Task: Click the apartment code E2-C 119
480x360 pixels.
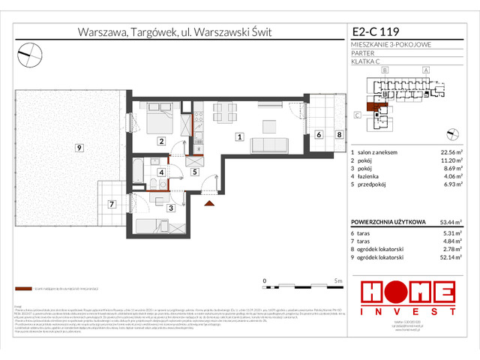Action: [x=376, y=31]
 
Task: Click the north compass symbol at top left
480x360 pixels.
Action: [x=29, y=52]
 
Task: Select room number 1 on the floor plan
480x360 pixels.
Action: [x=238, y=136]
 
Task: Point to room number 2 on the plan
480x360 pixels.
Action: [x=160, y=140]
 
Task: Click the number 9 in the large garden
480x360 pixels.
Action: [x=78, y=148]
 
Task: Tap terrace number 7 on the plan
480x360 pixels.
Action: [x=110, y=203]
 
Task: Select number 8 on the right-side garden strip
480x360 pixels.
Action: [x=339, y=135]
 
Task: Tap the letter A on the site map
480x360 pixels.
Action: [x=426, y=70]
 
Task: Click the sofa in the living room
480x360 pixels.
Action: [x=270, y=143]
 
